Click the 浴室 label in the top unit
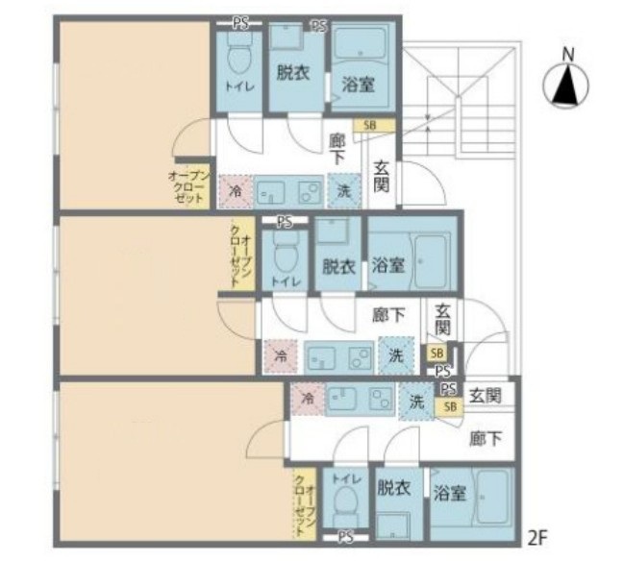pos(357,84)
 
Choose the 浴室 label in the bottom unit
pos(449,495)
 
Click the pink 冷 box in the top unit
pos(236,190)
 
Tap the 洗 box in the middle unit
pos(394,354)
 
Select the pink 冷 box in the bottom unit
pos(308,396)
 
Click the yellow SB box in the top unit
pos(369,125)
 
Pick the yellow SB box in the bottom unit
pos(447,407)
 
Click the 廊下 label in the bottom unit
pos(486,439)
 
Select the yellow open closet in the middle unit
pos(241,255)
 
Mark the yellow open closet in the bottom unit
pos(303,504)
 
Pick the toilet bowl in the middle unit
pos(286,255)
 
